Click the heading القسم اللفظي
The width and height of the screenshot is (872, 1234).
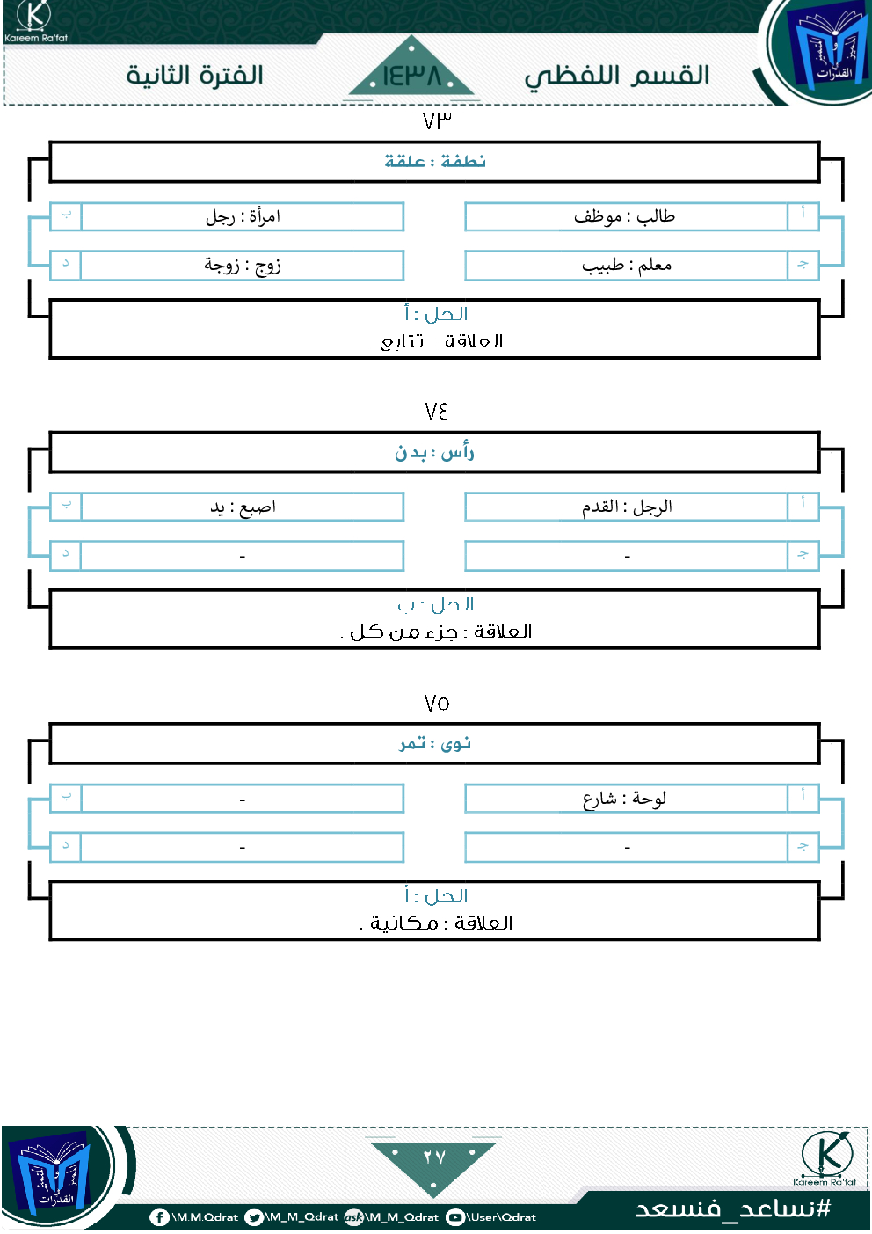616,77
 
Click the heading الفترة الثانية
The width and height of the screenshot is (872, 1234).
194,76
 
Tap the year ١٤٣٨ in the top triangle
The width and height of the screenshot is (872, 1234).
411,76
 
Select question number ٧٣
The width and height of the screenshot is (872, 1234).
437,120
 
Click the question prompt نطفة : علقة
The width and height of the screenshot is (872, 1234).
435,162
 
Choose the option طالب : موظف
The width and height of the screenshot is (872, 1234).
624,216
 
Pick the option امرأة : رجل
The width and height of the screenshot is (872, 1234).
243,216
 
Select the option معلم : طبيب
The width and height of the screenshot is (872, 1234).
627,266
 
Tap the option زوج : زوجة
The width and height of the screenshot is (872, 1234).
243,265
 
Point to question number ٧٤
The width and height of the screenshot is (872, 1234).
436,412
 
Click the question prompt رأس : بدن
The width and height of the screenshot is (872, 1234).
434,452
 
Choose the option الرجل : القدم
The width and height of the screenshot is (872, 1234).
627,507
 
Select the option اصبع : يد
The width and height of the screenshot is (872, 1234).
243,507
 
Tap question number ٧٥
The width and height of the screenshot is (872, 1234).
437,703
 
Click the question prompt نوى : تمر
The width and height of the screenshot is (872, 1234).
435,744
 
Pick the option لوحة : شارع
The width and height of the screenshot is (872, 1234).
625,799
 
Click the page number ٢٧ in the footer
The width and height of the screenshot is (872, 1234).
434,1157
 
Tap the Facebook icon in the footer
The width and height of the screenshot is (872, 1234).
159,1217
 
